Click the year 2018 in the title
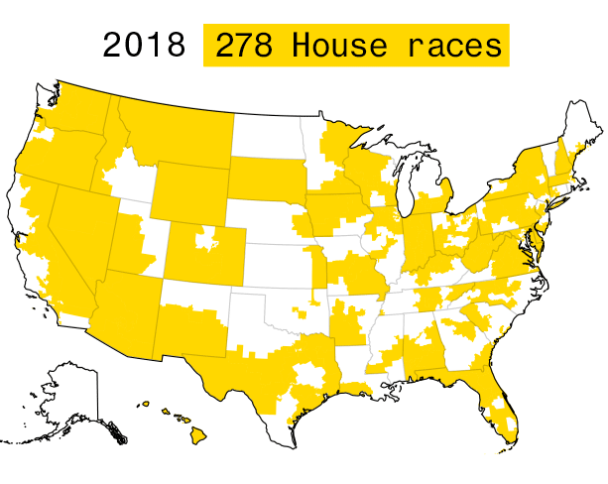click(x=144, y=46)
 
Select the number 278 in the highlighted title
click(x=241, y=46)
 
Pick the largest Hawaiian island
click(x=198, y=434)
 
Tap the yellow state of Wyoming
click(x=188, y=188)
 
